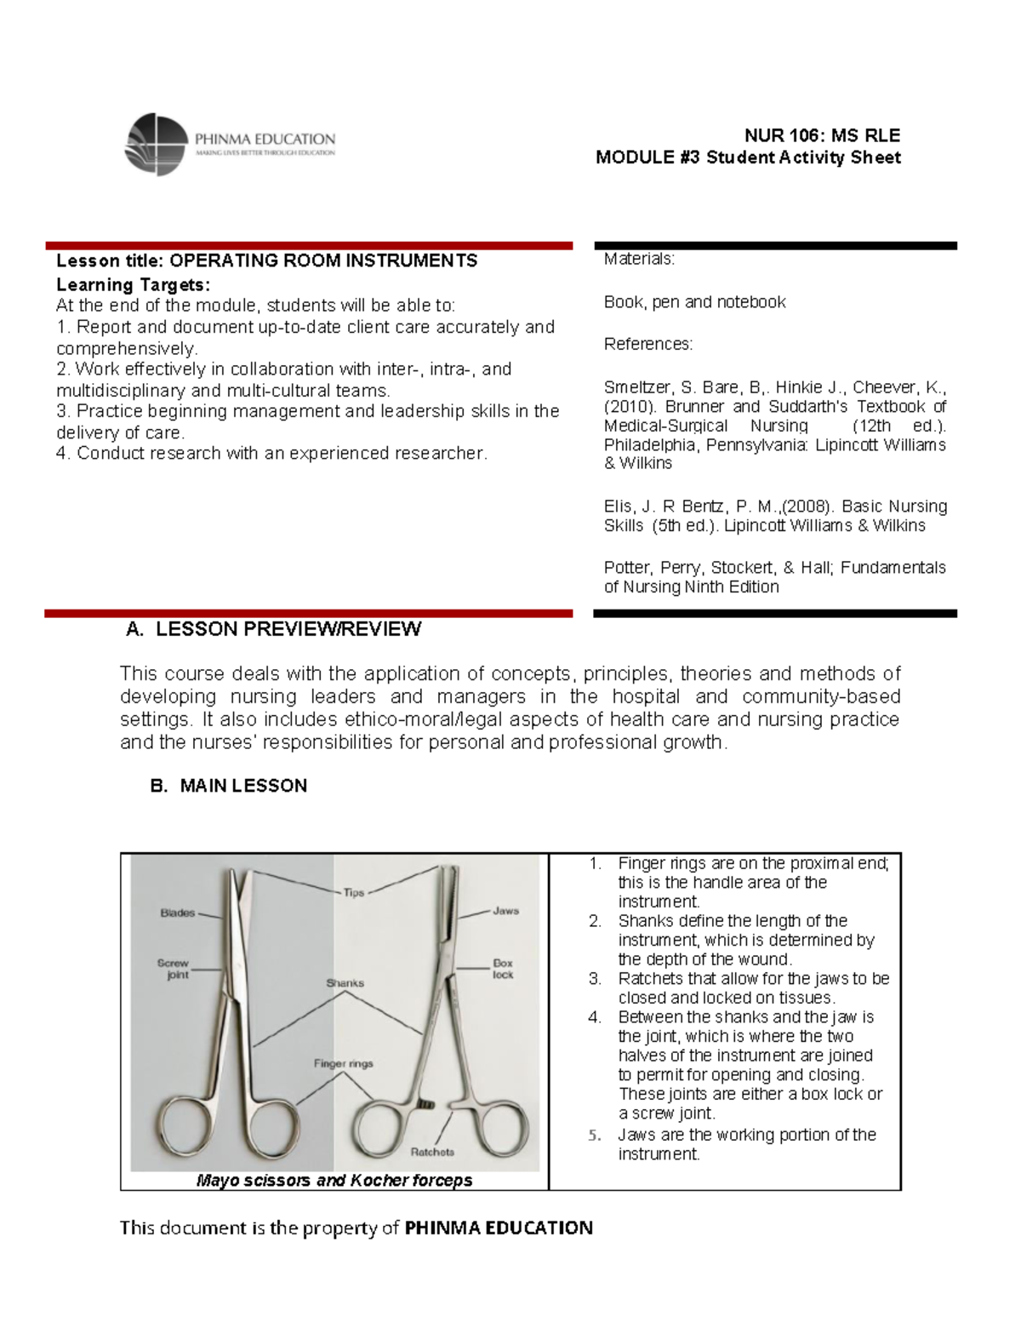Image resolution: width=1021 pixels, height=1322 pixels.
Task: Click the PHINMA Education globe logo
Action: click(x=155, y=144)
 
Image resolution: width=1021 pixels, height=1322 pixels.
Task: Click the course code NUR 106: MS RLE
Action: click(x=822, y=135)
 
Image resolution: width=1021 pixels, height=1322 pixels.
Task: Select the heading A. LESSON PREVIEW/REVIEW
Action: click(x=273, y=629)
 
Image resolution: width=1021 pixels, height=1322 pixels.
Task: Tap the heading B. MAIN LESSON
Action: click(x=228, y=786)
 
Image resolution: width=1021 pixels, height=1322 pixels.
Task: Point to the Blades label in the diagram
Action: click(x=178, y=913)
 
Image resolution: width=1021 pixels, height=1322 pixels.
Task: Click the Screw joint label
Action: click(x=174, y=969)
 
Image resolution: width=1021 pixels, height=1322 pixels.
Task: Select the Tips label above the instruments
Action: click(x=354, y=892)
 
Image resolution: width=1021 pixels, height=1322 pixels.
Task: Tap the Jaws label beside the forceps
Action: click(x=505, y=910)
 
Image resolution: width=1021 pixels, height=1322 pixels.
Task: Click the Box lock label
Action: click(x=503, y=969)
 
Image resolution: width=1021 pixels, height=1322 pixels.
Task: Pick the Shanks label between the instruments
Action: click(x=345, y=982)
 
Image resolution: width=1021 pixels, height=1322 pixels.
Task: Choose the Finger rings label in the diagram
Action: click(x=343, y=1063)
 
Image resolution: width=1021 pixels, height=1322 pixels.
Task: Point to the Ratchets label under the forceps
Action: click(x=432, y=1152)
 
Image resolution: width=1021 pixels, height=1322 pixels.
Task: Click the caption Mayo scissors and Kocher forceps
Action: click(x=334, y=1181)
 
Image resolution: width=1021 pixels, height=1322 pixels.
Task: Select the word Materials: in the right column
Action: click(x=639, y=259)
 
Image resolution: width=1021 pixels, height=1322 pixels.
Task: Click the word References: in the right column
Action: click(x=648, y=344)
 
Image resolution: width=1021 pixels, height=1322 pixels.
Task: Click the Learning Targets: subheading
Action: click(x=133, y=284)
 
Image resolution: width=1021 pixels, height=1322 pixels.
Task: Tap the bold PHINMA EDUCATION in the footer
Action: click(x=498, y=1228)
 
